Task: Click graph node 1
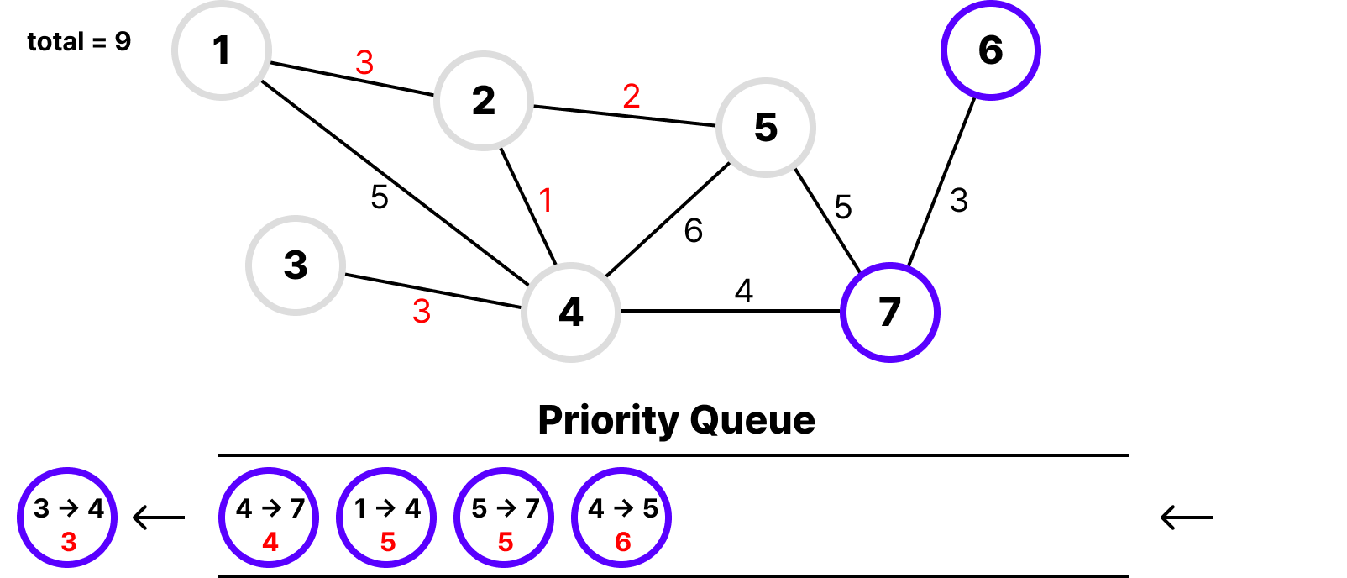point(222,50)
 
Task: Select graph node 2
point(484,101)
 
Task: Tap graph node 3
point(296,265)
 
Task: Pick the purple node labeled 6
point(991,50)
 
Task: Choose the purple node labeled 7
point(890,313)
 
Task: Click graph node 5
point(766,128)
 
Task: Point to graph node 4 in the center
point(571,313)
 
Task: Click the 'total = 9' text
point(79,42)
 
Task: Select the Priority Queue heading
point(676,420)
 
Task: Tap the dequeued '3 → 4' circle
point(67,518)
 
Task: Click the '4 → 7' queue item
point(270,518)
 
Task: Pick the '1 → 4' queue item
point(387,518)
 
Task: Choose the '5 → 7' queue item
point(505,518)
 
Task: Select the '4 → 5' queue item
point(622,518)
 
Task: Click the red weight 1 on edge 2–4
point(546,201)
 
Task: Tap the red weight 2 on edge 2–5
point(632,97)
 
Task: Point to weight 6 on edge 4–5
point(694,231)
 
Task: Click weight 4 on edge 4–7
point(744,292)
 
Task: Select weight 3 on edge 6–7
point(959,201)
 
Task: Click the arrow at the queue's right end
point(1187,518)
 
